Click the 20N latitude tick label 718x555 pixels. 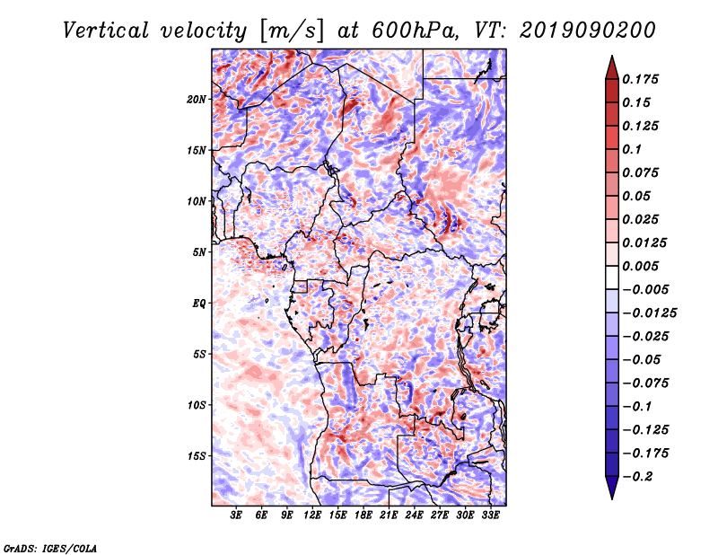pos(197,100)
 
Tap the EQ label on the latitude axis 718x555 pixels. pos(198,304)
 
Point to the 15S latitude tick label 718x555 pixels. pos(197,456)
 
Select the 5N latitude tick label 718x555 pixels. pos(199,252)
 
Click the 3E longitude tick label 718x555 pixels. pos(236,515)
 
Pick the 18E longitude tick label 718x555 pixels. pos(363,515)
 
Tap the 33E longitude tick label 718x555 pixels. pos(490,515)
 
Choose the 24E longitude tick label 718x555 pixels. pos(414,515)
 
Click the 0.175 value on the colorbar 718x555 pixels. pos(641,79)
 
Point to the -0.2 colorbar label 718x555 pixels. pos(638,477)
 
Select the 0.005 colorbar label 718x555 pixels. pos(641,266)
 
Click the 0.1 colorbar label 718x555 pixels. pos(632,149)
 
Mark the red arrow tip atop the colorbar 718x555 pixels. pos(612,57)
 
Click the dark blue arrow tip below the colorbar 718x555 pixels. pos(612,498)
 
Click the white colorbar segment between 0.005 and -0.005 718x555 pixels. pos(612,277)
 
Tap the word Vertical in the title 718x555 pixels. pos(106,31)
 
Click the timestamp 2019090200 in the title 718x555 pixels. pos(588,31)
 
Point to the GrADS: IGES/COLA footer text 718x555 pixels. pos(50,548)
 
